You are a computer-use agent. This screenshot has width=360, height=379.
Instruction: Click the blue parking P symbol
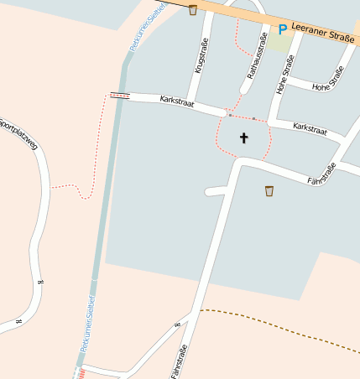pos(283,29)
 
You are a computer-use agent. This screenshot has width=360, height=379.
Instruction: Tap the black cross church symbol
pos(244,137)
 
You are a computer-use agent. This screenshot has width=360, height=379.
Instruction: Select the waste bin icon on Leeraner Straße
pos(193,10)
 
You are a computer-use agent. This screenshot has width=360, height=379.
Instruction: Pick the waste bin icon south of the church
pos(269,190)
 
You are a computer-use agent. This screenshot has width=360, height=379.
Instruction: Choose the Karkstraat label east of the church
pos(309,129)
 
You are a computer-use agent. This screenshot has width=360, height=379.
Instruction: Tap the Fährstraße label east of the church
pos(321,174)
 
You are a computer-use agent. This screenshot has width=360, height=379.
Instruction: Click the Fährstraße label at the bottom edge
pos(179,361)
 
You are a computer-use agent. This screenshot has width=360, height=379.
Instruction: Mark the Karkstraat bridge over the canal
pos(120,95)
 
